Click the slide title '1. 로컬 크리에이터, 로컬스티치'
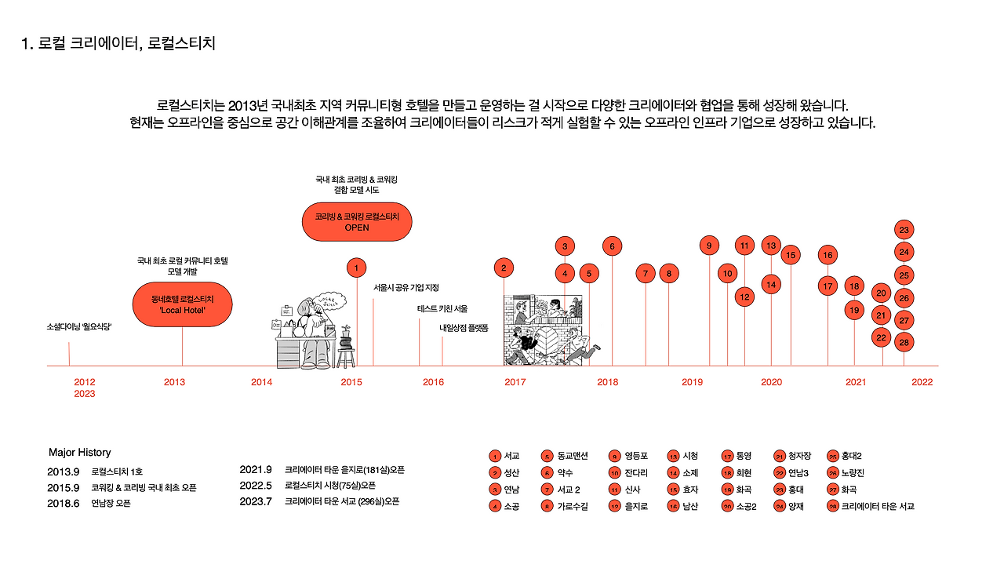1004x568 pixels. [118, 43]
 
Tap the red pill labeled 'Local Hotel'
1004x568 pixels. [182, 304]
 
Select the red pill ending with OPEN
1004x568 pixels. [357, 221]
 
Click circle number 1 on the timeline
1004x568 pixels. [356, 268]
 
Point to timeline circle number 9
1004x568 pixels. [709, 246]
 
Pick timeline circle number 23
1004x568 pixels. [904, 230]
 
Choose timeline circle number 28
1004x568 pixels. [904, 342]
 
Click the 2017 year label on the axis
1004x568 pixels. [515, 382]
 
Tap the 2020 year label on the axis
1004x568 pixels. [771, 382]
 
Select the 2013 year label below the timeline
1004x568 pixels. [174, 382]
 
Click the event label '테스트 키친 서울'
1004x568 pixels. [442, 308]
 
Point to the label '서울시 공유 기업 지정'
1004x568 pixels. [406, 288]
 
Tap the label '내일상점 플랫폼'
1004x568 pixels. [464, 328]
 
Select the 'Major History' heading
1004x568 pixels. [79, 453]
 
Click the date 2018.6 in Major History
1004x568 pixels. [64, 504]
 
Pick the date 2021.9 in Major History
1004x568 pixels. [255, 470]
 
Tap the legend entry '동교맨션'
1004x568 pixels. [575, 456]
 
